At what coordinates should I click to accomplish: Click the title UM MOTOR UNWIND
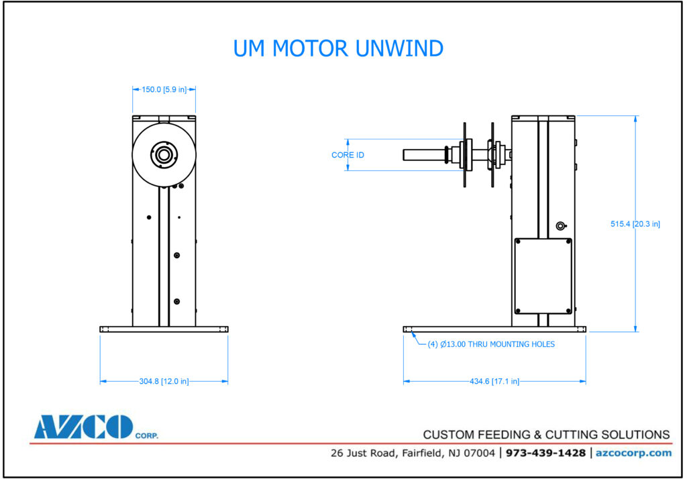coord(338,49)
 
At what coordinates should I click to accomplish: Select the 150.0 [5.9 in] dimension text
coord(164,89)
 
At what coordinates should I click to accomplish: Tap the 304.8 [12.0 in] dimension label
coord(164,381)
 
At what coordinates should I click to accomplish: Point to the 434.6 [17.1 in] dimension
coord(494,381)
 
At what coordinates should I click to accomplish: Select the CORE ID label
coord(348,155)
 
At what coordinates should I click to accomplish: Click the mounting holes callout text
coord(491,344)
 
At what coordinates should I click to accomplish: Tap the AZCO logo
coord(83,427)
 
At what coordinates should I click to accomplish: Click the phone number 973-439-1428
coord(545,453)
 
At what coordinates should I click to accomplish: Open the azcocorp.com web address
coord(633,453)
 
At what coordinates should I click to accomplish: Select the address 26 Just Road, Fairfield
coord(413,453)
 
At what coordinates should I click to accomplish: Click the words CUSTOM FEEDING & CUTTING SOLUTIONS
coord(546,434)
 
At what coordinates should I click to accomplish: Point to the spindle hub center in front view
coord(163,154)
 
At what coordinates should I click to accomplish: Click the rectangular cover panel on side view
coord(543,276)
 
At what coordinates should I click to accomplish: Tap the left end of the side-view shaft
coord(405,154)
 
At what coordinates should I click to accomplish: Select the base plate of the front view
coord(164,329)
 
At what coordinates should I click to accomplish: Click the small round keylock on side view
coord(562,226)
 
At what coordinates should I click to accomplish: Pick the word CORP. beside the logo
coord(147,435)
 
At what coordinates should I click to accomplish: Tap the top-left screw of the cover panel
coord(517,242)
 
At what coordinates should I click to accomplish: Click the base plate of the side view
coord(494,329)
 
